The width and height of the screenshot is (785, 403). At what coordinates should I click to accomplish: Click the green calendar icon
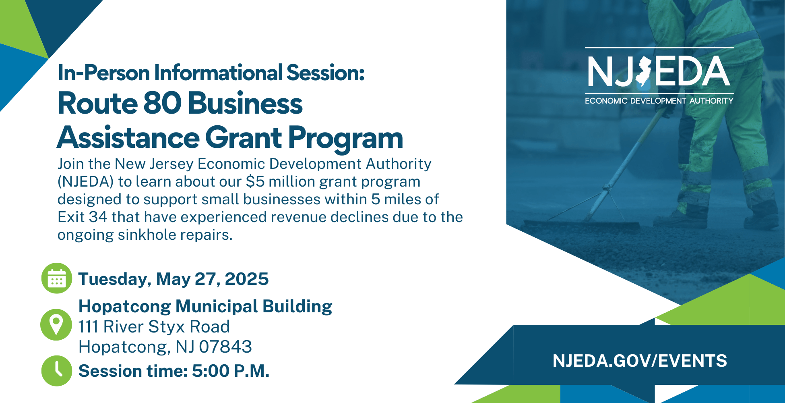[57, 278]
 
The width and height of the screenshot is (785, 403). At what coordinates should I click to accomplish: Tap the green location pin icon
[56, 325]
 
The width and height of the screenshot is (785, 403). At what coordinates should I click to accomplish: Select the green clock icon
[57, 371]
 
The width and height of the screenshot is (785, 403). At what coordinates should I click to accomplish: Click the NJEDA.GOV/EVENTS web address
[640, 361]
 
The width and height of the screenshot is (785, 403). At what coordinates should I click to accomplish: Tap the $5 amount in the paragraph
[255, 182]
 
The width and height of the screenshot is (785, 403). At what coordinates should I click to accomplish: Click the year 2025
[247, 279]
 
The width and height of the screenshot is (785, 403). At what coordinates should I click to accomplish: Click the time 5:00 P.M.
[231, 371]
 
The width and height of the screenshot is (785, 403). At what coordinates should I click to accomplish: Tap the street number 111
[89, 327]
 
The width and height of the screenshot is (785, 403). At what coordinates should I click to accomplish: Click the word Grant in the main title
[244, 138]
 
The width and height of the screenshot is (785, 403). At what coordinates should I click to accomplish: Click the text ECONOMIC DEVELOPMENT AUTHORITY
[659, 101]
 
